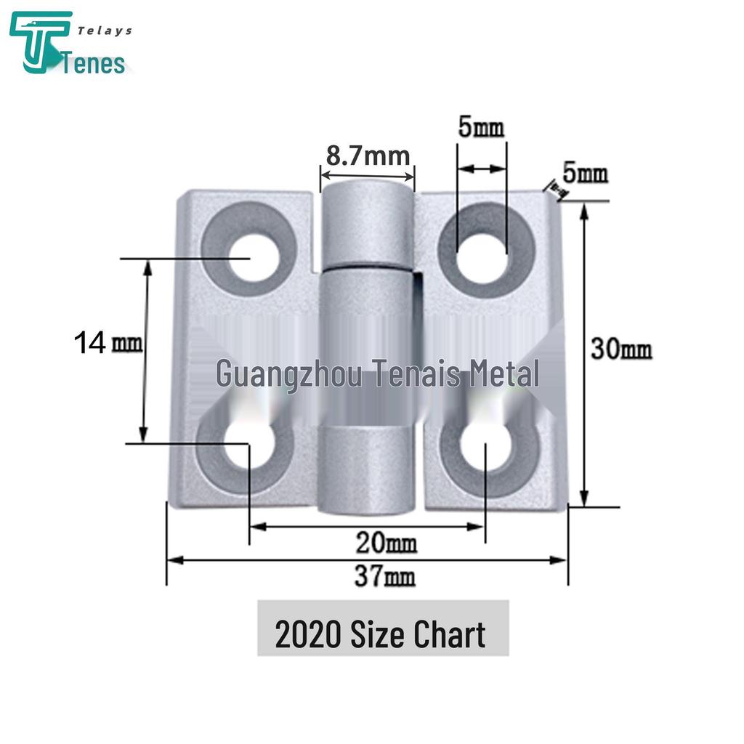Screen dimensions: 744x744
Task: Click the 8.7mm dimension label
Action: (368, 155)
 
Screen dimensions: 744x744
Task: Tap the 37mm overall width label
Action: (385, 578)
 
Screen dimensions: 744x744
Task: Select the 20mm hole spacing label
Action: (386, 542)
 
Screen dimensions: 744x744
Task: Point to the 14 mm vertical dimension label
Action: (108, 342)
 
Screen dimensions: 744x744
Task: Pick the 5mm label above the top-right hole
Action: (481, 129)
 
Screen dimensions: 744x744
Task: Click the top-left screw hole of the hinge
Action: (251, 256)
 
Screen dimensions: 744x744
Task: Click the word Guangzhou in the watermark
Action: (288, 375)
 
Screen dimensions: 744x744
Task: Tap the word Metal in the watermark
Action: (503, 374)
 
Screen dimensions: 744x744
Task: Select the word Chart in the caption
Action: (449, 635)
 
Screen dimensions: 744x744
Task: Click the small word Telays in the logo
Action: (105, 31)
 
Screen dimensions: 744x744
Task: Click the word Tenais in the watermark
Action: (415, 374)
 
